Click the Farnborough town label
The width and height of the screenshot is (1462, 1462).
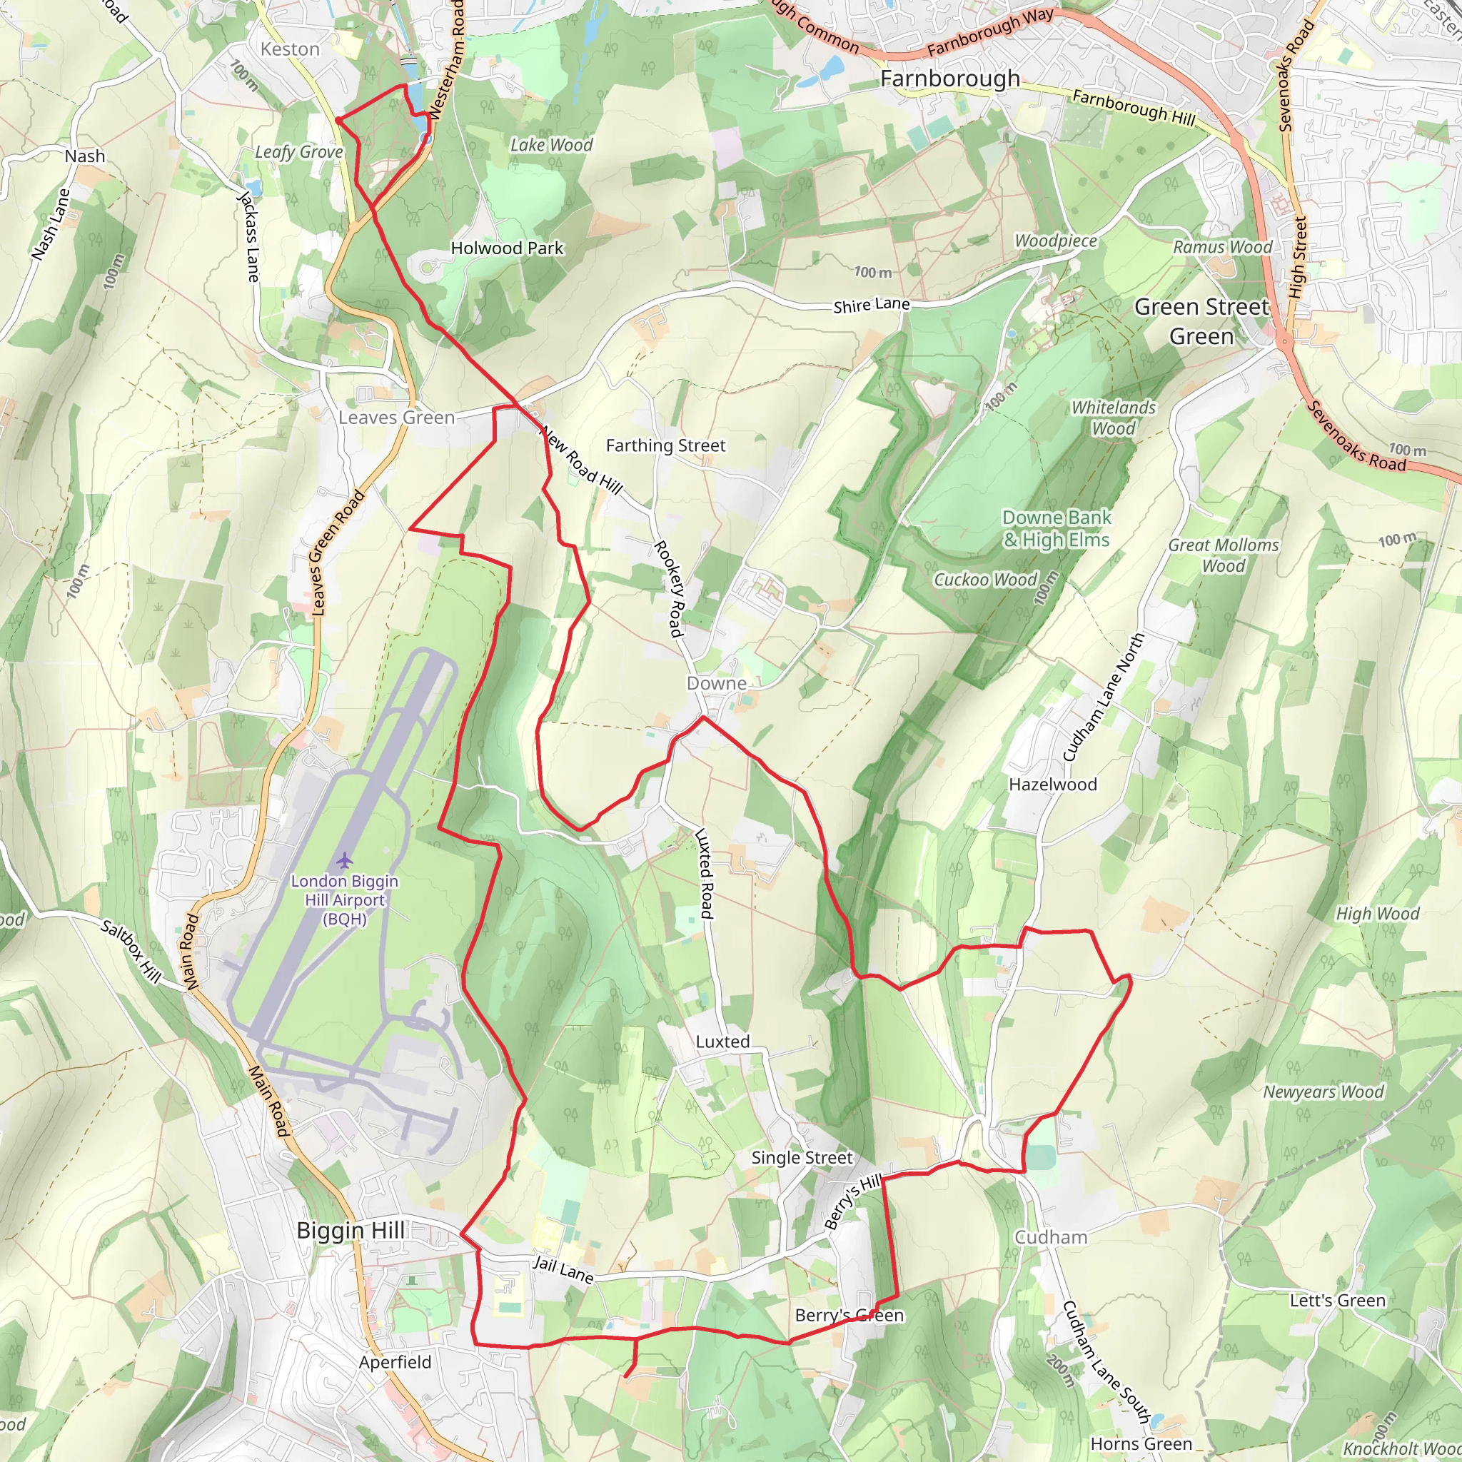coord(950,79)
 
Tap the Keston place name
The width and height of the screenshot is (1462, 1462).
coord(290,49)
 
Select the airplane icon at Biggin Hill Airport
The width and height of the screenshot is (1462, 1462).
coord(345,860)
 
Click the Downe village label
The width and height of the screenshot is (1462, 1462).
coord(716,683)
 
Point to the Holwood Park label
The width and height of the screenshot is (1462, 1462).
coord(507,248)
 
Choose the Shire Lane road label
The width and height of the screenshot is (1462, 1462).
coord(871,305)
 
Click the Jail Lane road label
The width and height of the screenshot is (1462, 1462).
coord(563,1269)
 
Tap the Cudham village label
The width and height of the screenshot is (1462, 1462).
coord(1050,1237)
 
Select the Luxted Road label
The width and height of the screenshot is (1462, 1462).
coord(705,873)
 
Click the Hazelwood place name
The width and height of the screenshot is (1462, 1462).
coord(1053,785)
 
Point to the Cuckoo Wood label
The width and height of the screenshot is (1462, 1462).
coord(984,580)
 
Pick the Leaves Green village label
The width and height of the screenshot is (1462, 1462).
coord(396,418)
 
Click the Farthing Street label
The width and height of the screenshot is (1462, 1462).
coord(665,445)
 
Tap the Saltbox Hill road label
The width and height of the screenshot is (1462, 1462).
coord(131,952)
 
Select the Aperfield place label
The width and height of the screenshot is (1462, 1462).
coord(395,1362)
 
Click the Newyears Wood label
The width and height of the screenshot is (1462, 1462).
coord(1324,1092)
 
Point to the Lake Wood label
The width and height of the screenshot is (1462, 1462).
coord(551,144)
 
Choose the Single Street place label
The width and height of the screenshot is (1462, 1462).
coord(802,1158)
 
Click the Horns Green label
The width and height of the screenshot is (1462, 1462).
coord(1141,1444)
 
